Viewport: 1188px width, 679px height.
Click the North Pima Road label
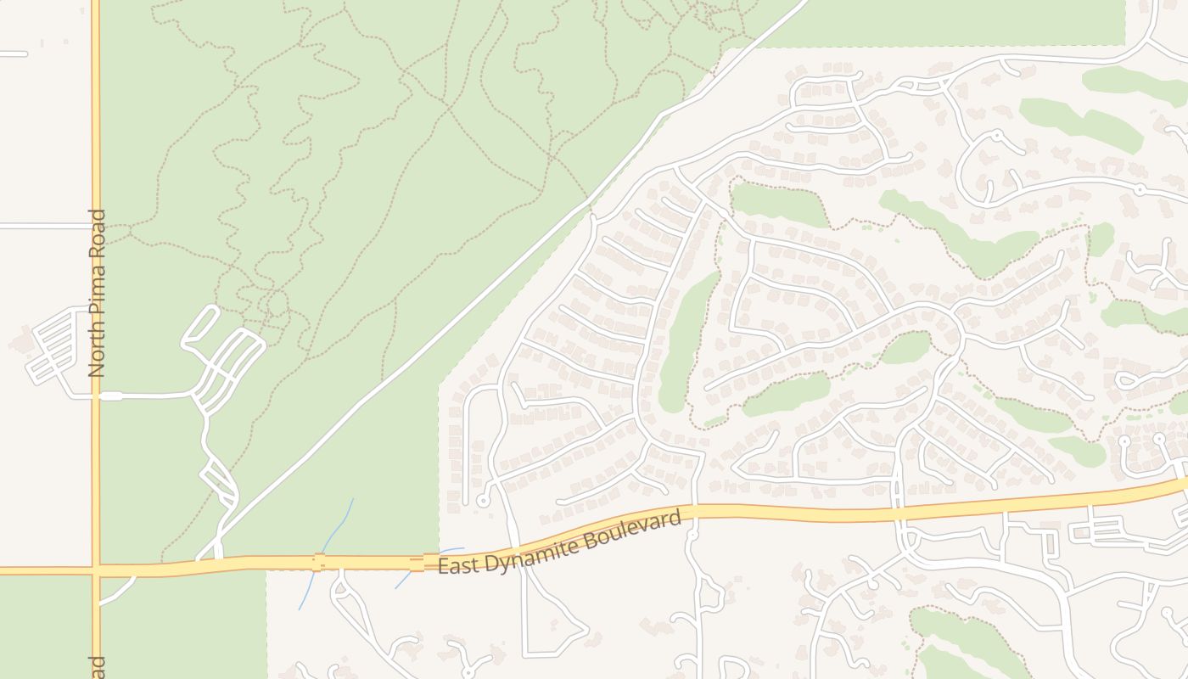[x=98, y=293]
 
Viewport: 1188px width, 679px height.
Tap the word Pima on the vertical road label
[x=98, y=289]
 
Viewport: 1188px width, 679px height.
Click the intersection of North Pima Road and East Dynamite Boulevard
[x=96, y=570]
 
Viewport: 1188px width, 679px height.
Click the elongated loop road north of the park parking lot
[x=200, y=326]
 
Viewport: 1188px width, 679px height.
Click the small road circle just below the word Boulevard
[x=691, y=535]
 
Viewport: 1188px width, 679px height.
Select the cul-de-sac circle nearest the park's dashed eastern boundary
[x=483, y=501]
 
